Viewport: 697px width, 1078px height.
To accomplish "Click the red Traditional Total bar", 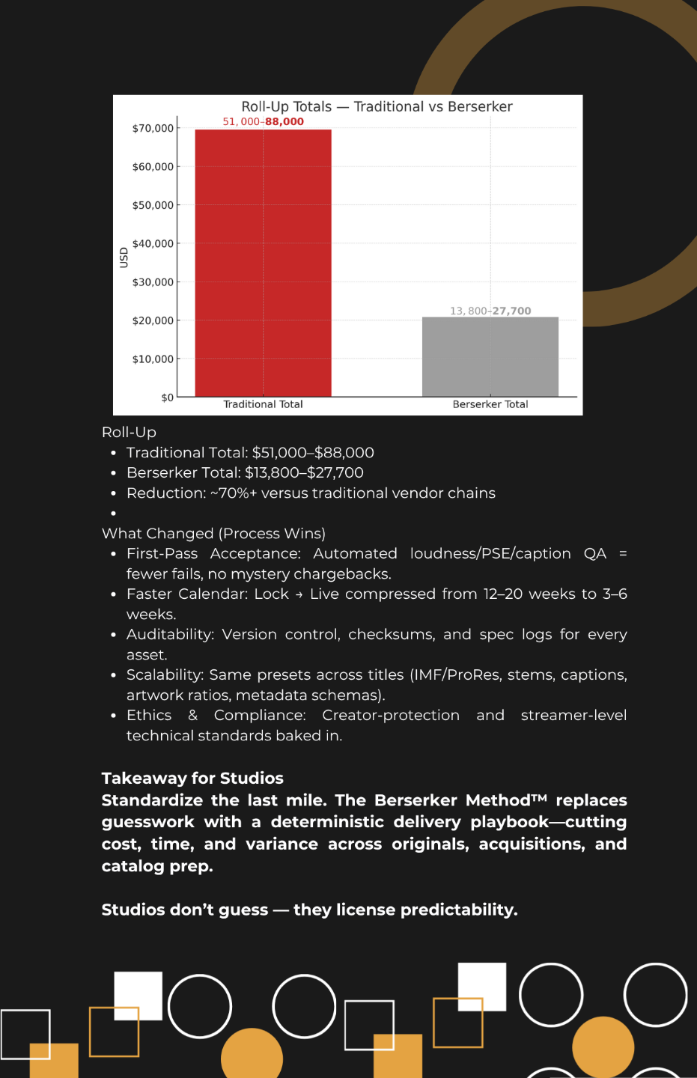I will point(263,262).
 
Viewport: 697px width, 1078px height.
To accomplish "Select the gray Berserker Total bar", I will point(490,356).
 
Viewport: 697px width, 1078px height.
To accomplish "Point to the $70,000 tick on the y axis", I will point(153,128).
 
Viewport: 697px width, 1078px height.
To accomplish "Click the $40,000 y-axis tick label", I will point(153,243).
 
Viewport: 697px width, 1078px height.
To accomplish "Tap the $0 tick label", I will point(167,398).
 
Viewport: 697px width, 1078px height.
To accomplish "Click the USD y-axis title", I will point(124,258).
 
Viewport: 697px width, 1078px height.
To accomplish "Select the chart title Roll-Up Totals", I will point(377,106).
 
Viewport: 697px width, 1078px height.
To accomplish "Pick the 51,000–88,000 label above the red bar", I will point(263,121).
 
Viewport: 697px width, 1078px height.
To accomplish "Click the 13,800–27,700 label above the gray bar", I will point(490,311).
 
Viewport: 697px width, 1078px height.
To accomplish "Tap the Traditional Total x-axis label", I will point(263,404).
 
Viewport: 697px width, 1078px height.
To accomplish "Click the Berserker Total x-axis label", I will point(490,404).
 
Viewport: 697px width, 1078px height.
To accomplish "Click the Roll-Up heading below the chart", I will point(129,432).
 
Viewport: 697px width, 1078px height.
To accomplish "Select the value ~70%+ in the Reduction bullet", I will point(233,493).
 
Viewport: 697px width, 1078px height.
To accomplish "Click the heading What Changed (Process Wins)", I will point(213,534).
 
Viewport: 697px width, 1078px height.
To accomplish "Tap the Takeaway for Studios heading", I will point(192,779).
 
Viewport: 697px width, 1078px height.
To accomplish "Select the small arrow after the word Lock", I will point(299,595).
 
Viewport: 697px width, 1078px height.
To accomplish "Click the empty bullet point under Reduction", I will point(113,514).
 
